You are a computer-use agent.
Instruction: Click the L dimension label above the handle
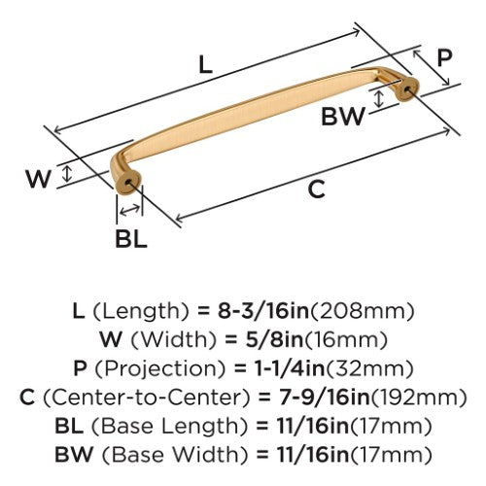tap(205, 64)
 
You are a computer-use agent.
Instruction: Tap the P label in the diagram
tap(444, 57)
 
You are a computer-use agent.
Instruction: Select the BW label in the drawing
tap(343, 117)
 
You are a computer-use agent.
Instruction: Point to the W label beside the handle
tap(39, 179)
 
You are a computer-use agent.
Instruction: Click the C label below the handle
tap(316, 190)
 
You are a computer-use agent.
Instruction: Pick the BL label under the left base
tap(131, 239)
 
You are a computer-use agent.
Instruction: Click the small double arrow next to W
tap(67, 173)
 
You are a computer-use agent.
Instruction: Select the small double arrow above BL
tap(129, 210)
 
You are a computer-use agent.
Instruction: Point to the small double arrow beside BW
tap(378, 99)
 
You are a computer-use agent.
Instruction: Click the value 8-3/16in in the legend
tap(263, 311)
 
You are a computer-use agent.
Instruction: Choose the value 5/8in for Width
tap(274, 340)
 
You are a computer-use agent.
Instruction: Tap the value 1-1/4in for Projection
tap(290, 368)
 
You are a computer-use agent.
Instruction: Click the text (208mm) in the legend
tap(362, 311)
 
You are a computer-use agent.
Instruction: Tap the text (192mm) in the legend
tap(418, 398)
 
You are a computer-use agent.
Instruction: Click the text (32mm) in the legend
tap(369, 369)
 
